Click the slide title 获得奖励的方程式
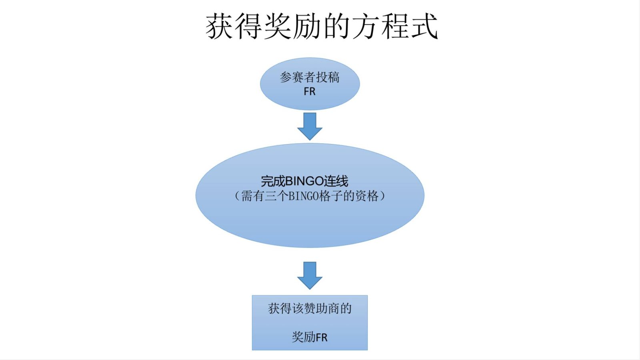pyautogui.click(x=322, y=26)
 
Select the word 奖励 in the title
pyautogui.click(x=293, y=26)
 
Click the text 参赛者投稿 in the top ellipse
pyautogui.click(x=310, y=77)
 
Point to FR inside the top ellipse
pyautogui.click(x=310, y=92)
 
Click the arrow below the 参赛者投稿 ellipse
pyautogui.click(x=310, y=126)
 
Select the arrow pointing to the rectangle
pyautogui.click(x=310, y=275)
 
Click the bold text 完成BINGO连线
pyautogui.click(x=304, y=181)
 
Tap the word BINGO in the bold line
pyautogui.click(x=304, y=181)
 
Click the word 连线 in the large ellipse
pyautogui.click(x=336, y=181)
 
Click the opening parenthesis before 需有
pyautogui.click(x=237, y=196)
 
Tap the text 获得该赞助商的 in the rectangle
pyautogui.click(x=310, y=308)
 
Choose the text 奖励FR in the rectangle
pyautogui.click(x=310, y=337)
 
